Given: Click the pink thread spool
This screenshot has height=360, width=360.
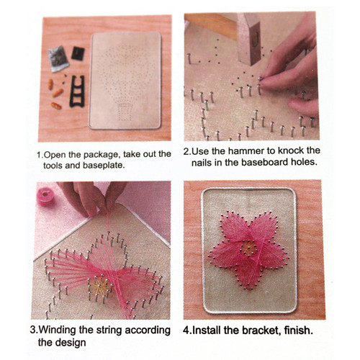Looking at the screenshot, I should point(51,195).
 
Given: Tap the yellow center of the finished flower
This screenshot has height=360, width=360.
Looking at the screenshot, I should point(248,249).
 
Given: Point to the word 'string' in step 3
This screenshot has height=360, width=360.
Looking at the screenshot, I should point(114,330).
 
